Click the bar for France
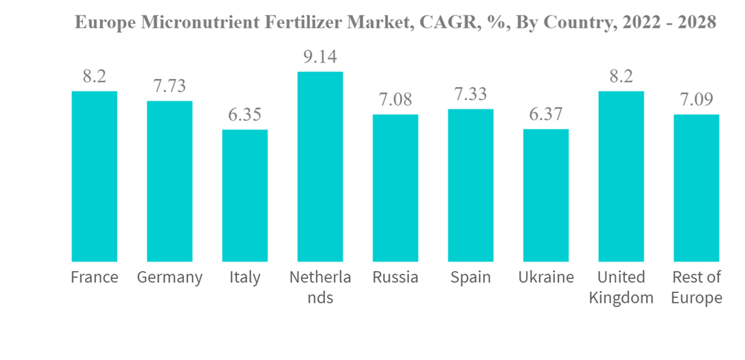click(94, 177)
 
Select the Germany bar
click(169, 181)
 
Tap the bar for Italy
click(244, 195)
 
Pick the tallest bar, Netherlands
click(320, 167)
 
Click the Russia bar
click(396, 188)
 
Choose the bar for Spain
click(471, 186)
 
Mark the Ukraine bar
click(546, 195)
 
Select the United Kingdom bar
click(621, 177)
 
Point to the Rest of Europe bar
click(697, 188)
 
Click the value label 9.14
click(320, 57)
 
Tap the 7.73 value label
click(169, 86)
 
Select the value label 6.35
click(244, 116)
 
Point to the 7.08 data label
click(396, 101)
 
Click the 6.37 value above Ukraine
click(546, 115)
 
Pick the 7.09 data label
click(697, 101)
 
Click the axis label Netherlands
click(320, 288)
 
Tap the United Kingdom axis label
click(621, 288)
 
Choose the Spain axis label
click(471, 278)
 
